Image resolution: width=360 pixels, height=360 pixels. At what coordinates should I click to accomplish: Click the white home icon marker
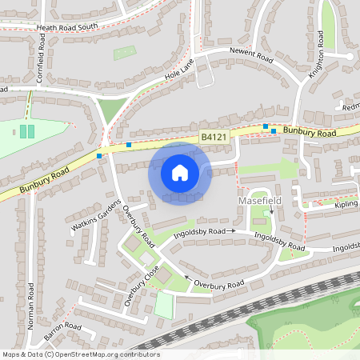180,173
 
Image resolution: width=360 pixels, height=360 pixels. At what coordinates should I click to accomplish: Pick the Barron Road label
62,330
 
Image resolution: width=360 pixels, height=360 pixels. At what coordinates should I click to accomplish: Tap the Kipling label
345,206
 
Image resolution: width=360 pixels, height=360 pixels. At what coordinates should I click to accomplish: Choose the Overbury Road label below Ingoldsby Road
216,285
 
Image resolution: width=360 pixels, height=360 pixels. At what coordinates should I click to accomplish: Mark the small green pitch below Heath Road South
124,53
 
